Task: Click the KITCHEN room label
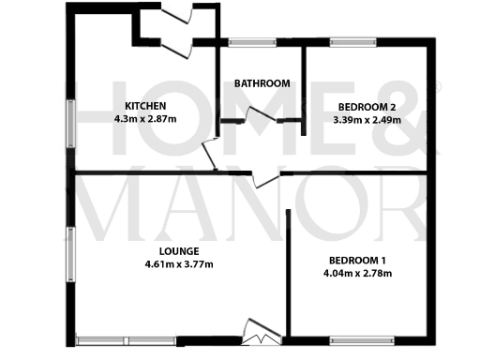pyautogui.click(x=145, y=106)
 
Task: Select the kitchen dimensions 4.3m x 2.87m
pyautogui.click(x=145, y=120)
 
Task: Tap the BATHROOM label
pyautogui.click(x=262, y=83)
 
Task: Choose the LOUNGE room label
pyautogui.click(x=178, y=250)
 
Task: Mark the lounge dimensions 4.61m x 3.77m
pyautogui.click(x=178, y=264)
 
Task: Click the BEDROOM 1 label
pyautogui.click(x=357, y=260)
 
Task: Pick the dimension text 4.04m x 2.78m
pyautogui.click(x=357, y=274)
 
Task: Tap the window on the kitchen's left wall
pyautogui.click(x=70, y=122)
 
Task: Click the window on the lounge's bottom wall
pyautogui.click(x=126, y=339)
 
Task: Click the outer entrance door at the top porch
pyautogui.click(x=178, y=12)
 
